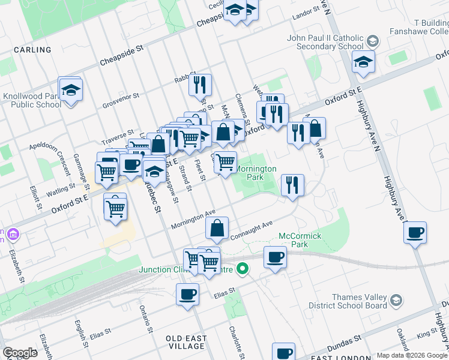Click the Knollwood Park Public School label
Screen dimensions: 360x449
pyautogui.click(x=32, y=100)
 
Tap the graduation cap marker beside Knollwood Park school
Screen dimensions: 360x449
pyautogui.click(x=71, y=90)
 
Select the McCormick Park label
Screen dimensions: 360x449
pyautogui.click(x=292, y=240)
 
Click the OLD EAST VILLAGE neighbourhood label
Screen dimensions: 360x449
pyautogui.click(x=186, y=343)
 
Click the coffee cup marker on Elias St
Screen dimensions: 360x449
pyautogui.click(x=187, y=295)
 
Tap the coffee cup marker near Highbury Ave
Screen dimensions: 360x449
pyautogui.click(x=415, y=233)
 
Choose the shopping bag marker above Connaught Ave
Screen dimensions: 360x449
pyautogui.click(x=217, y=228)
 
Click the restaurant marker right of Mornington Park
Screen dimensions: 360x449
pyautogui.click(x=292, y=185)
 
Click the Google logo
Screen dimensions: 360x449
pyautogui.click(x=20, y=353)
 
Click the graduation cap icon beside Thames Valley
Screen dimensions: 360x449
pyautogui.click(x=396, y=300)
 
